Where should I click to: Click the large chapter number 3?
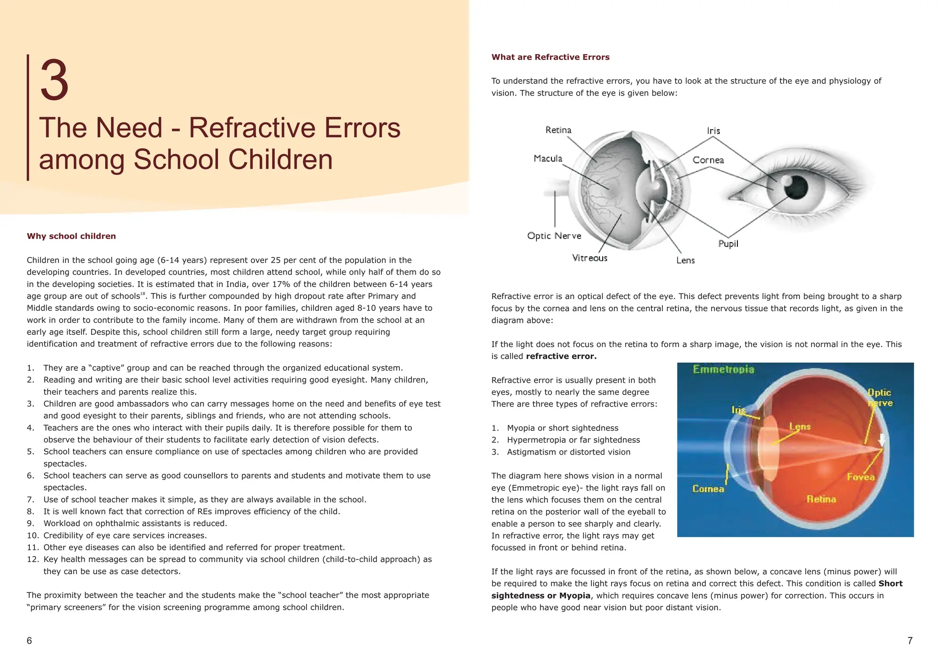coord(55,81)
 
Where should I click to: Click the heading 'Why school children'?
coord(71,236)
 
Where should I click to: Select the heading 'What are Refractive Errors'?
coord(550,57)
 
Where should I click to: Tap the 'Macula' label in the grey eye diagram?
coord(548,158)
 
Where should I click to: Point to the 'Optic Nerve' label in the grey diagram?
coord(554,236)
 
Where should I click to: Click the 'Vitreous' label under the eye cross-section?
coord(589,258)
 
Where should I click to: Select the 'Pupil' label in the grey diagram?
coord(728,244)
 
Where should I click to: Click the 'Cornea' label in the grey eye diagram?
coord(708,160)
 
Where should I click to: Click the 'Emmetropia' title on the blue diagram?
coord(723,370)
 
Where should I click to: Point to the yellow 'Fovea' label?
coord(860,477)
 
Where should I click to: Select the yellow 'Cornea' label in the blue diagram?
coord(708,489)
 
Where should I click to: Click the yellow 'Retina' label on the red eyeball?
coord(821,499)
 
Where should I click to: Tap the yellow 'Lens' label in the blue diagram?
coord(800,427)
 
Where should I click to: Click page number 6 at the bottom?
coord(29,641)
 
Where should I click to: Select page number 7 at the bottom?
coord(910,641)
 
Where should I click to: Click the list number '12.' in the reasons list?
coord(33,560)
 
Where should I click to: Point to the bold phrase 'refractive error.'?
coord(561,356)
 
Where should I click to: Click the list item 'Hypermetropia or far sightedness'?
coord(573,440)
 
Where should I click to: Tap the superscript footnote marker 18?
coord(142,293)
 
